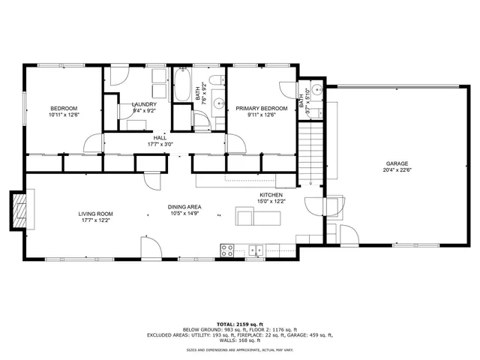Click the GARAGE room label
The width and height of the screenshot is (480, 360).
click(x=397, y=163)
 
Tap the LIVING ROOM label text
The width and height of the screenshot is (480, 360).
click(x=95, y=214)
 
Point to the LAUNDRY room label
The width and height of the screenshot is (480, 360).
click(x=143, y=104)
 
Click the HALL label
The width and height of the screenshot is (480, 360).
click(x=160, y=138)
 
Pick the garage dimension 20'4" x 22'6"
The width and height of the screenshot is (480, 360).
click(x=397, y=169)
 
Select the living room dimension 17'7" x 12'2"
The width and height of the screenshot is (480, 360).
click(x=95, y=220)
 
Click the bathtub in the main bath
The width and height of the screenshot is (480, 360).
click(x=182, y=87)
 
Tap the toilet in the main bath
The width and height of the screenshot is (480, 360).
click(x=214, y=82)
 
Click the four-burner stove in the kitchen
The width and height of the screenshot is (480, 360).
click(x=227, y=250)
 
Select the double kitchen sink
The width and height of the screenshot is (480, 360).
click(x=256, y=250)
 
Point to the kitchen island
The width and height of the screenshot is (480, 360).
click(x=259, y=217)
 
